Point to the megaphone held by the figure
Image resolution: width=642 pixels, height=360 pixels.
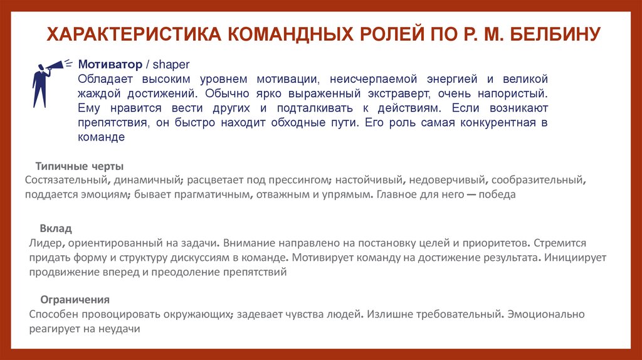[57, 64]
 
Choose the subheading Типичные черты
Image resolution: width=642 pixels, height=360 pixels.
[80, 166]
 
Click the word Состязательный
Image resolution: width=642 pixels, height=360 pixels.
[64, 181]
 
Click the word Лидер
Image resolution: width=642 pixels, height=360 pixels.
[45, 242]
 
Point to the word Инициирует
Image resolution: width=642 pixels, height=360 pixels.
[574, 257]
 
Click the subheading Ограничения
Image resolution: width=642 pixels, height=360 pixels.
[75, 299]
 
